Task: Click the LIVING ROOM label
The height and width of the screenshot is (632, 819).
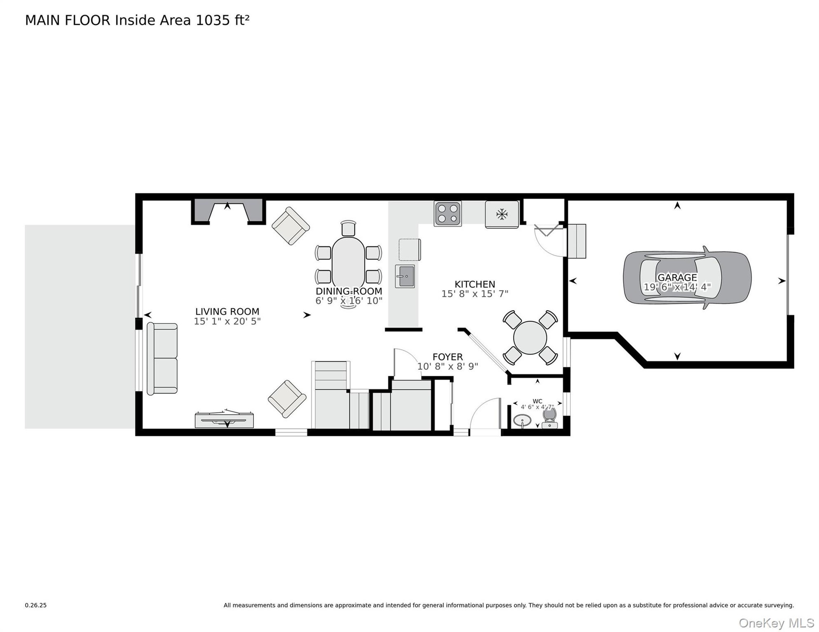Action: pyautogui.click(x=227, y=312)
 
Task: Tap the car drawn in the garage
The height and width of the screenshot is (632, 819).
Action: pyautogui.click(x=687, y=278)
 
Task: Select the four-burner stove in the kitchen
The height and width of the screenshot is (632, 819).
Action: pyautogui.click(x=447, y=214)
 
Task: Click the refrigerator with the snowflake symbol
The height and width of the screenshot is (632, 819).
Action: pyautogui.click(x=502, y=214)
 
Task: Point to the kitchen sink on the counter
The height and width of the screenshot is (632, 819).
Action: pyautogui.click(x=405, y=276)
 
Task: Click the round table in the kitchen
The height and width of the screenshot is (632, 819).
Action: pyautogui.click(x=530, y=338)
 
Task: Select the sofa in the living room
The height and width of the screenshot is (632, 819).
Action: pyautogui.click(x=162, y=358)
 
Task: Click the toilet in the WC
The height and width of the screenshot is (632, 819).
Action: pyautogui.click(x=549, y=418)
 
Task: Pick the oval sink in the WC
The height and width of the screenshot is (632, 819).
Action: pyautogui.click(x=522, y=421)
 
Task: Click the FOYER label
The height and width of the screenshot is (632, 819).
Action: pyautogui.click(x=447, y=357)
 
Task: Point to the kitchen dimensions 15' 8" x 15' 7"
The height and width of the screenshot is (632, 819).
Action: pyautogui.click(x=475, y=294)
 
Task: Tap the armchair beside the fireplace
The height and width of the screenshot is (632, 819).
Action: pyautogui.click(x=290, y=226)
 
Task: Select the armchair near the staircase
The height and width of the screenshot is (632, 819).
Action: pyautogui.click(x=287, y=399)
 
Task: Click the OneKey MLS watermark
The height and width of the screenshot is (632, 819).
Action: pyautogui.click(x=776, y=623)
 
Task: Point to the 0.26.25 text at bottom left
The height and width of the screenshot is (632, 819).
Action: pyautogui.click(x=36, y=605)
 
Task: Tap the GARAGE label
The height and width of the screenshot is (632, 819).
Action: pyautogui.click(x=677, y=278)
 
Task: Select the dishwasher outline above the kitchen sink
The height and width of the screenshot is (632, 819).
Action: pyautogui.click(x=409, y=250)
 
